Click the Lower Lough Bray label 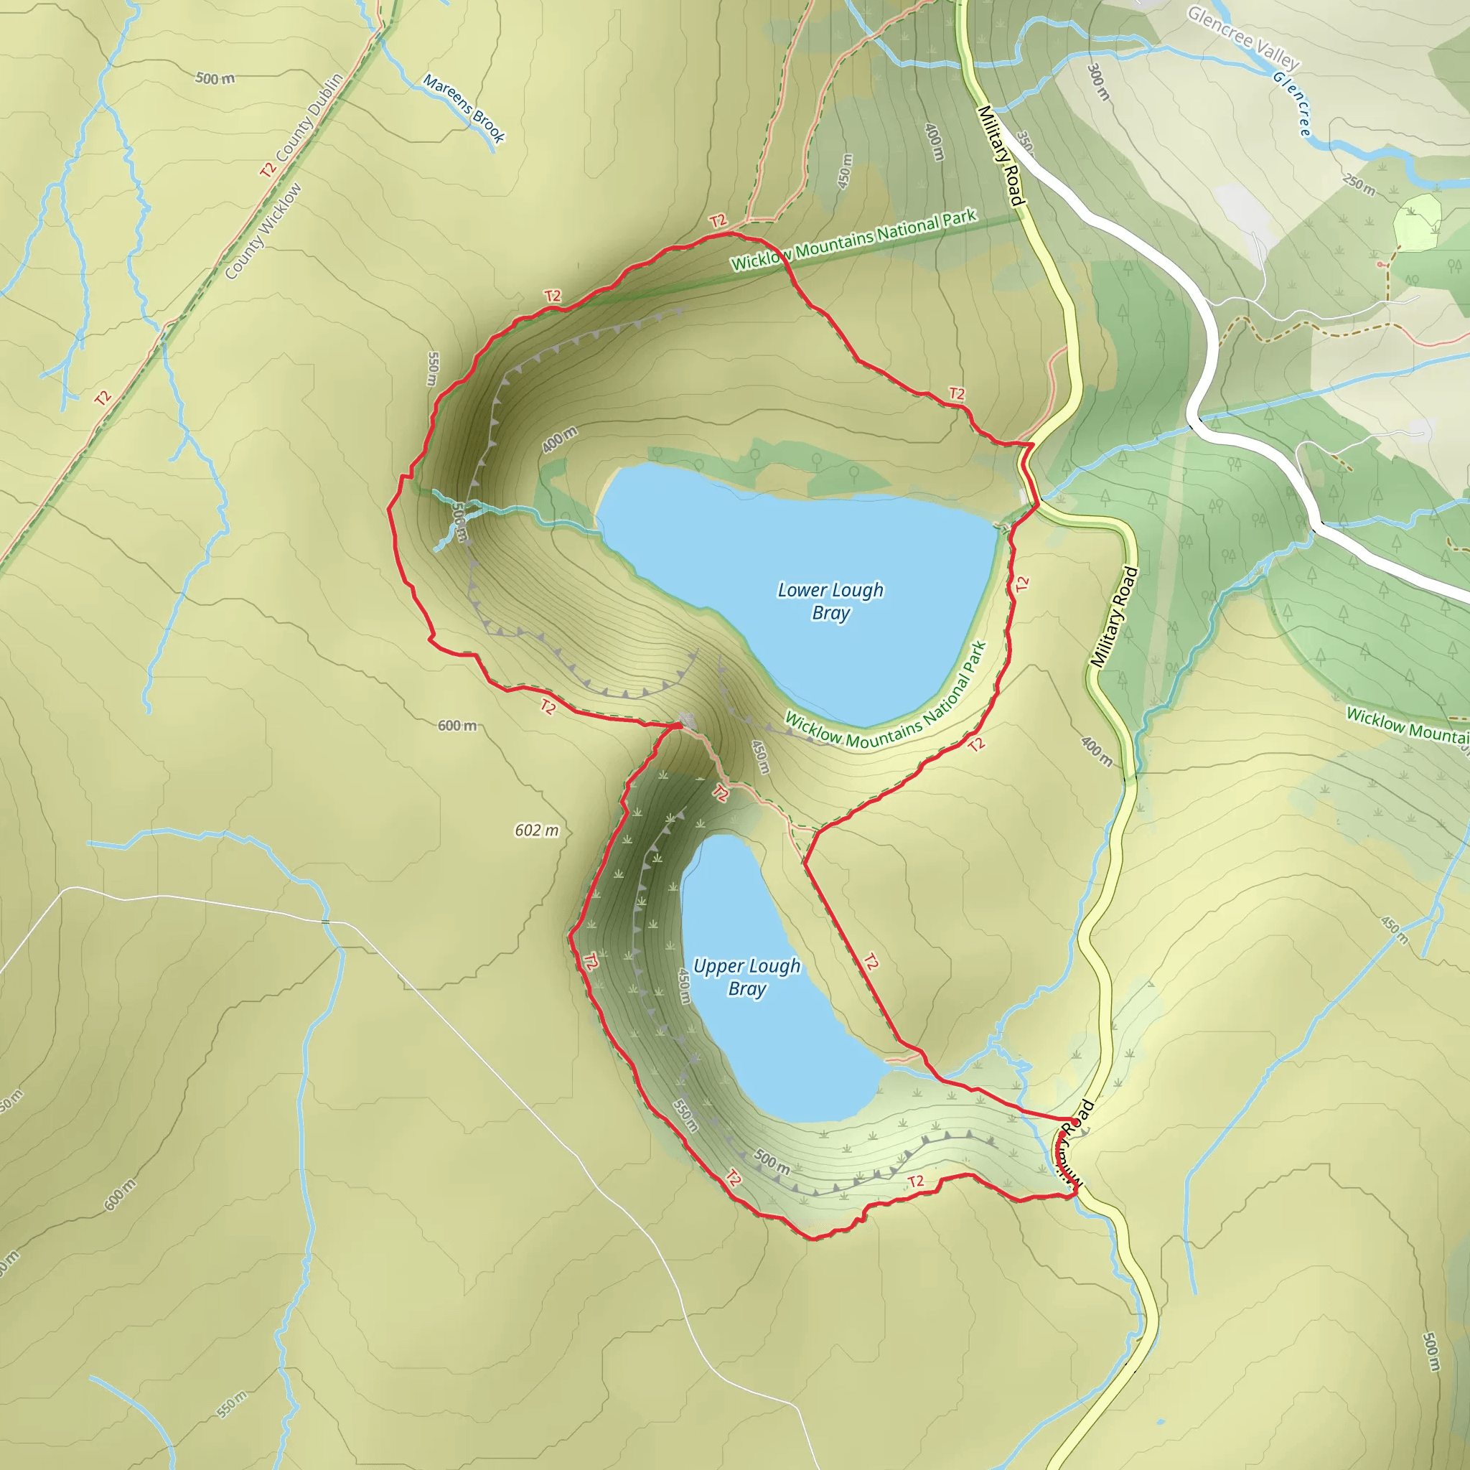click(x=830, y=601)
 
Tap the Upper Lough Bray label click(x=746, y=977)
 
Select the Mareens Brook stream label click(x=464, y=108)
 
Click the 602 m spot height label click(x=536, y=830)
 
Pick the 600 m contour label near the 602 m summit click(x=457, y=726)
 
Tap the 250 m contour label click(x=1358, y=184)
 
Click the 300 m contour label click(x=1097, y=81)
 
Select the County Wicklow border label click(x=263, y=231)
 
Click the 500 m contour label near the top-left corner click(x=215, y=78)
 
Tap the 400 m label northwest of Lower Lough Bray click(x=559, y=440)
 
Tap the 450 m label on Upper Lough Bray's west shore click(x=684, y=986)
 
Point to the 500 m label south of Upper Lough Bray click(x=772, y=1161)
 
